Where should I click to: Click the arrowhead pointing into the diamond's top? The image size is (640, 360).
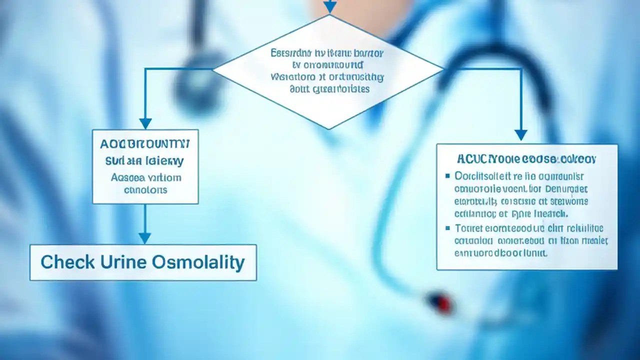click(x=329, y=7)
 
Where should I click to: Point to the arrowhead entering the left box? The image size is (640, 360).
click(x=145, y=123)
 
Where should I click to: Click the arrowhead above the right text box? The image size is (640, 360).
click(x=521, y=134)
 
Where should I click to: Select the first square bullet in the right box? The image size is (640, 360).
click(x=447, y=176)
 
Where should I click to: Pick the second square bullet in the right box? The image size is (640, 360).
click(x=447, y=228)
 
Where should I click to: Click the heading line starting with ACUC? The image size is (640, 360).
click(x=526, y=159)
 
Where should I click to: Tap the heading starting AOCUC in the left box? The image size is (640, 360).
click(x=145, y=144)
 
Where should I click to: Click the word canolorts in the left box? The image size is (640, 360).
click(x=145, y=190)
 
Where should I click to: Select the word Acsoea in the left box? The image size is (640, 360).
click(x=128, y=177)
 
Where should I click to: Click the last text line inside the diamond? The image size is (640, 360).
click(x=329, y=89)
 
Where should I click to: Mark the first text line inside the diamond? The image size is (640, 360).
click(x=327, y=53)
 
